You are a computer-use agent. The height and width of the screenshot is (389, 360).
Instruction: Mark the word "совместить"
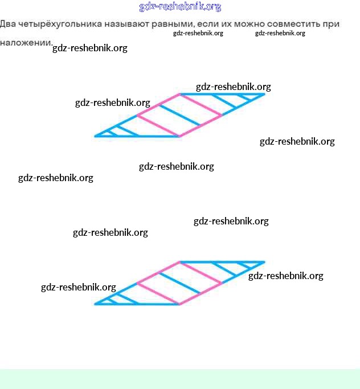coord(300,24)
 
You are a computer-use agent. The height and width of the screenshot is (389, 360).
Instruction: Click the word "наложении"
coord(26,43)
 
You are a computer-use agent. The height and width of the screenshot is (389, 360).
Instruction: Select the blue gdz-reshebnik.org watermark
coord(180,7)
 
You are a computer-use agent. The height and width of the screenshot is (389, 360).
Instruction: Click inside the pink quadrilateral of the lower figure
coord(179,283)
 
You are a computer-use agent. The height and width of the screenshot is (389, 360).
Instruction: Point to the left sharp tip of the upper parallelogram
coord(96,136)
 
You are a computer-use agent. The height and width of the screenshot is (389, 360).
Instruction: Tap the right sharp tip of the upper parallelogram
coord(264,94)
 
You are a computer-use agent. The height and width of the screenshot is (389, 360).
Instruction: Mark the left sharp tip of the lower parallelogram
coord(96,304)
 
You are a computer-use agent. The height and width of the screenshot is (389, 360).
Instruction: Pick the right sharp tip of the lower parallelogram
coord(264,262)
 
